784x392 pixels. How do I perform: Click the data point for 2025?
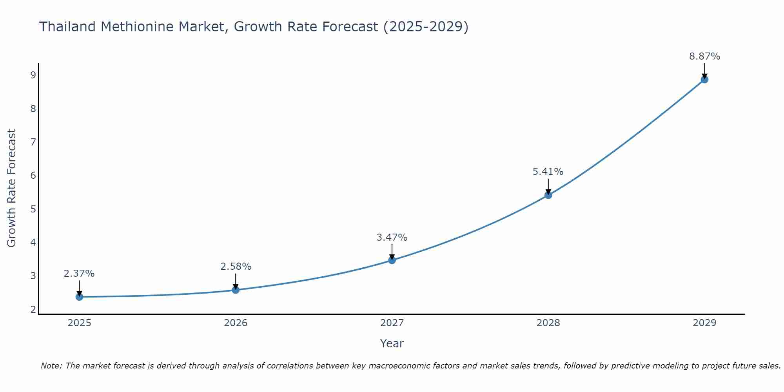tap(79, 297)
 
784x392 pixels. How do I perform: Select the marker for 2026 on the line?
tap(236, 290)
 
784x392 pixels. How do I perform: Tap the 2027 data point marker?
tap(392, 260)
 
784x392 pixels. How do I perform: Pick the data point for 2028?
tap(548, 195)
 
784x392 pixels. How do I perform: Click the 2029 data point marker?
tap(704, 80)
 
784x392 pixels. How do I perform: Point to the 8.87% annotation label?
tap(704, 56)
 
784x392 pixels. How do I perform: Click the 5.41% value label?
tap(548, 172)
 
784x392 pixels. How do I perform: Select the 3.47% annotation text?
tap(392, 238)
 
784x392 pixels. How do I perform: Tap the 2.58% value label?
tap(236, 267)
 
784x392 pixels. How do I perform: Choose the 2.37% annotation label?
tap(79, 274)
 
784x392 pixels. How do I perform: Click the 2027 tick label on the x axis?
tap(392, 323)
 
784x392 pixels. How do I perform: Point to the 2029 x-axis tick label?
tap(704, 323)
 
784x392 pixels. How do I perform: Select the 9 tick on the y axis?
tap(33, 75)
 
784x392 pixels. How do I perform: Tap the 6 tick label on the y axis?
tap(33, 175)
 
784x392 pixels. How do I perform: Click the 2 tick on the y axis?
tap(33, 309)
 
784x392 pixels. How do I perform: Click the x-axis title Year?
tap(392, 343)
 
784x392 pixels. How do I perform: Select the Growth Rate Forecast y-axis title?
tap(11, 188)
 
